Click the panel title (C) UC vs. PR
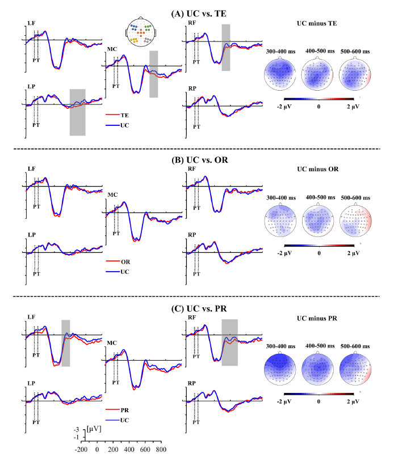tap(199, 310)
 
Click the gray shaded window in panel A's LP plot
tap(77, 112)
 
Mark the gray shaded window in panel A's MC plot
tap(153, 74)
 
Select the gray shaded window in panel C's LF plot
tap(65, 343)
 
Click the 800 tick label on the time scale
tap(161, 450)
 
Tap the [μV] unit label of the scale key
tap(94, 429)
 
